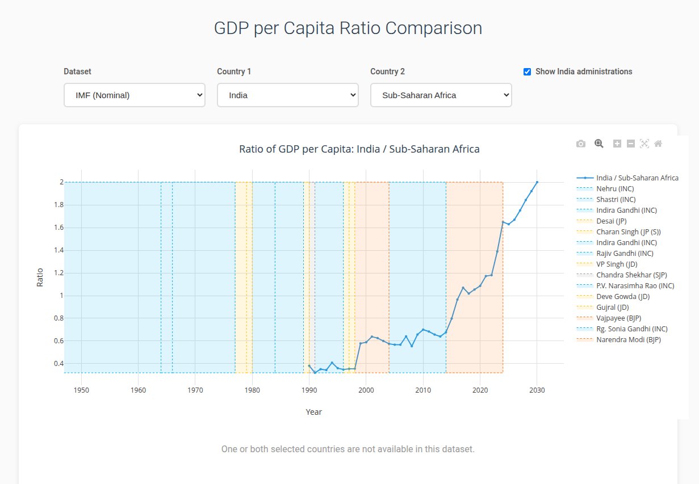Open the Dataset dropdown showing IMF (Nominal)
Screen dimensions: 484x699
(134, 95)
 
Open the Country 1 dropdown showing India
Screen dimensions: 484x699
(287, 95)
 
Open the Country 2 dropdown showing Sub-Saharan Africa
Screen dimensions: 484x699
(441, 95)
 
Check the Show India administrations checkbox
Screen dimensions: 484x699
(527, 71)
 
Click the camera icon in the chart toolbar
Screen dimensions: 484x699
(580, 144)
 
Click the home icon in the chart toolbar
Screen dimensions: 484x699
(658, 144)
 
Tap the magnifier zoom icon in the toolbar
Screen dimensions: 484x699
(598, 144)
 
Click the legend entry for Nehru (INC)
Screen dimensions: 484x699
(615, 188)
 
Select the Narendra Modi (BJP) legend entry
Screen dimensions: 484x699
(628, 339)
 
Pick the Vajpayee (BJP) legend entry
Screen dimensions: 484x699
(618, 318)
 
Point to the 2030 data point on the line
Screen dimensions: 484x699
(537, 182)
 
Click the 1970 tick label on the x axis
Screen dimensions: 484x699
(195, 390)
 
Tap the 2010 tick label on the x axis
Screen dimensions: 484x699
(423, 390)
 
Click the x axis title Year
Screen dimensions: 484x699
(313, 412)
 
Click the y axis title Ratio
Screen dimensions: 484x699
(40, 277)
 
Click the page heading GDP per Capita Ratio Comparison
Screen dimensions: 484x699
(348, 28)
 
